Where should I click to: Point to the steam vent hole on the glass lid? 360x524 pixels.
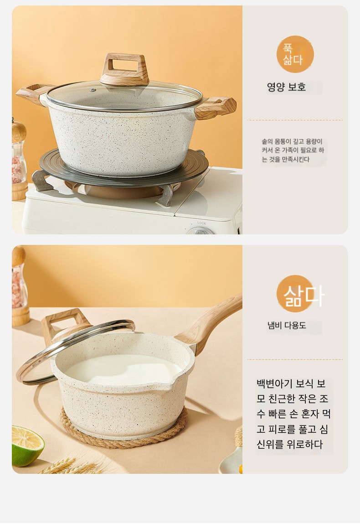[93, 90]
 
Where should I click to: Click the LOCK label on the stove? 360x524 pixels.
[202, 223]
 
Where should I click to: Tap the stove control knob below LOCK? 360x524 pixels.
[200, 231]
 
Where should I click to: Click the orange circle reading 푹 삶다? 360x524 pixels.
[295, 54]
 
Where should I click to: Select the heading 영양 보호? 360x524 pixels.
[286, 87]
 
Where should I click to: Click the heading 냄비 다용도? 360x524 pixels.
[287, 325]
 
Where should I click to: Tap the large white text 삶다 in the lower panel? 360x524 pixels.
[303, 296]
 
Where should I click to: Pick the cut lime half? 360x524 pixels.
[27, 446]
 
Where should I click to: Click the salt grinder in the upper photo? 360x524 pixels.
[19, 159]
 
